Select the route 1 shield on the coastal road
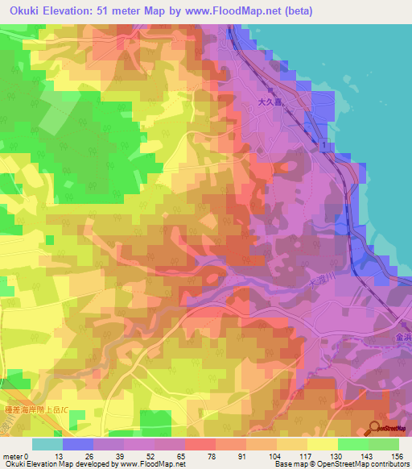pyautogui.click(x=323, y=144)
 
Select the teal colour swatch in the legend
pyautogui.click(x=47, y=444)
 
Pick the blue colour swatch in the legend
pyautogui.click(x=78, y=444)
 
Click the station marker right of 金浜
pyautogui.click(x=410, y=338)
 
